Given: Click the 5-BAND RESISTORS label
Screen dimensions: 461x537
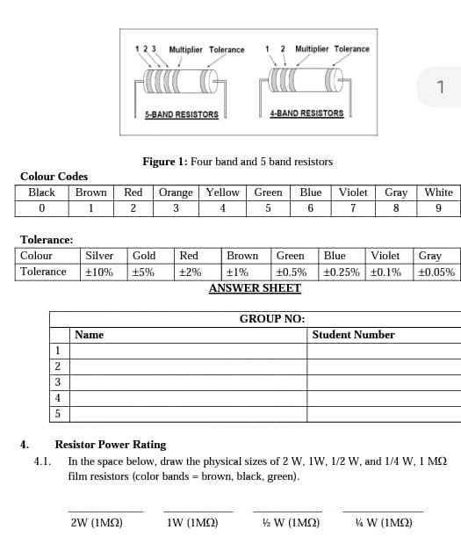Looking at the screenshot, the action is (181, 114).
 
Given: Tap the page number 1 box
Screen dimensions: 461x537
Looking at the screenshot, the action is (441, 86).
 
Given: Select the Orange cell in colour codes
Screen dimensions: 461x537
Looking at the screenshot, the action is (176, 192).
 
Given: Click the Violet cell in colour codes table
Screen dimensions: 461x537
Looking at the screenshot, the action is (353, 192).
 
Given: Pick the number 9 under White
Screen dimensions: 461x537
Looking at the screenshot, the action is (438, 208).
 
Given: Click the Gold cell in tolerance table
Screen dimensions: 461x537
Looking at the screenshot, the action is (144, 256).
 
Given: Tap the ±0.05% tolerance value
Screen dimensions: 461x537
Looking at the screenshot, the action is (436, 272).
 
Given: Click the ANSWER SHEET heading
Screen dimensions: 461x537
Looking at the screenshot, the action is (255, 288).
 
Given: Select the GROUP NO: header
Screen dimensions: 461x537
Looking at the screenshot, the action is (272, 318).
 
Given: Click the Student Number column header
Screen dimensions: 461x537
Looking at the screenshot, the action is (353, 335).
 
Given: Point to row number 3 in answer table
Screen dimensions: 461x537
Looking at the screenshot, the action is (58, 381).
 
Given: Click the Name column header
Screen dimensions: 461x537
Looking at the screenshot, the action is (89, 335).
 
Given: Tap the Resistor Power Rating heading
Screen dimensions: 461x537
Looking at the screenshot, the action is (111, 445).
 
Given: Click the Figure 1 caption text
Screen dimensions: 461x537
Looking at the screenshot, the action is (237, 162).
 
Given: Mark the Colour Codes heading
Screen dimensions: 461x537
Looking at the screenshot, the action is (54, 177).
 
